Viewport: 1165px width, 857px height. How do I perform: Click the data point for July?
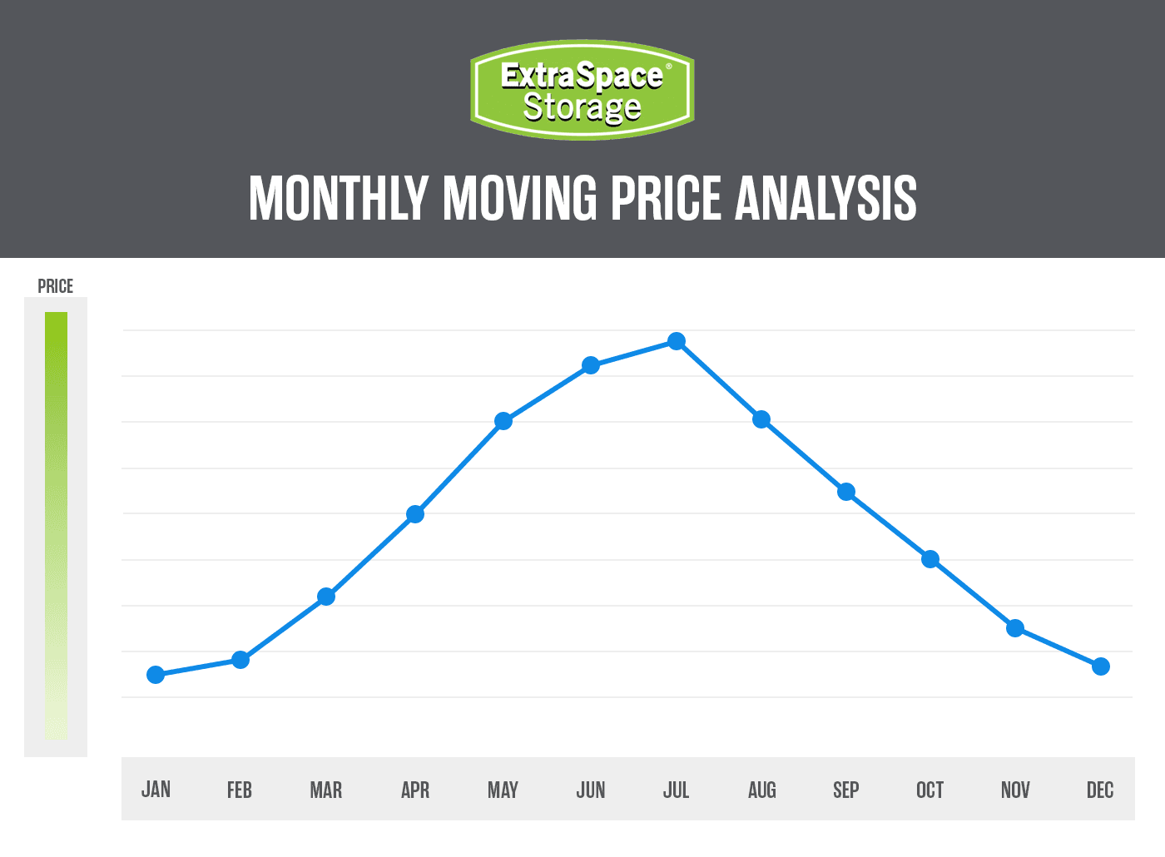point(677,341)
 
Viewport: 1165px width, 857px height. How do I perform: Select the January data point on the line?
point(156,675)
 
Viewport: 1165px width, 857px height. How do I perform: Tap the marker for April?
point(415,514)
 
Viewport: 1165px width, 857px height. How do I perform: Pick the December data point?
point(1100,666)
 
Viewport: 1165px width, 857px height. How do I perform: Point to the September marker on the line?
point(846,492)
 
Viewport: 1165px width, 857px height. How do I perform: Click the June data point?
point(591,365)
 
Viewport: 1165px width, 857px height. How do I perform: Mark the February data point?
point(240,660)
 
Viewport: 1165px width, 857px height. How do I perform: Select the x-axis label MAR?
point(326,790)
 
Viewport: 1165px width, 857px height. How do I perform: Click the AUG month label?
point(761,790)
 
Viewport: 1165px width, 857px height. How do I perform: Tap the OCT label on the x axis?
point(930,790)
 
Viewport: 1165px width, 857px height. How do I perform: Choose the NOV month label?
point(1015,790)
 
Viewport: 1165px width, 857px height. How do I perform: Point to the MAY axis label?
point(503,790)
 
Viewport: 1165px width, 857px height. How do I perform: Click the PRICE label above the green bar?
point(56,286)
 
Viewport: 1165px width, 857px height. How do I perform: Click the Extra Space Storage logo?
point(582,90)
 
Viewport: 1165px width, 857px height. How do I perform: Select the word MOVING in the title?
point(520,199)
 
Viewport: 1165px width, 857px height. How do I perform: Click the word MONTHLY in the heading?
point(339,199)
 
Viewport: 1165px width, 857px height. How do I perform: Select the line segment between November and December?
point(1058,647)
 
